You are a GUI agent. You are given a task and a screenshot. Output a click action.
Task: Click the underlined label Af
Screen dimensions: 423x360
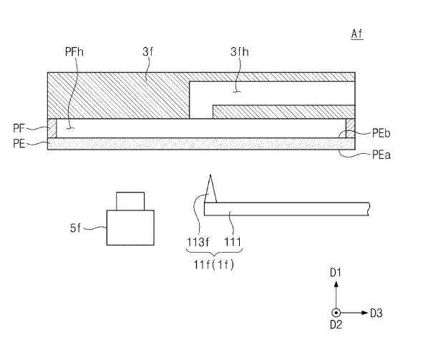[357, 34]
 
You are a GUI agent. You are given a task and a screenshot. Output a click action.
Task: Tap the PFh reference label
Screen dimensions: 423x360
[74, 52]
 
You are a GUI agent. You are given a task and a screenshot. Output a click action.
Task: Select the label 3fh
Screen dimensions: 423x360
[240, 52]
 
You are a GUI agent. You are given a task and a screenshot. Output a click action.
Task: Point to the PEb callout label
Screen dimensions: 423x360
[381, 133]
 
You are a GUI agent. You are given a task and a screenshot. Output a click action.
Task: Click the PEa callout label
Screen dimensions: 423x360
[381, 155]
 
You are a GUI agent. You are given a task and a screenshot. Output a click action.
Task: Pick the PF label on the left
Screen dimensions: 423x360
[19, 128]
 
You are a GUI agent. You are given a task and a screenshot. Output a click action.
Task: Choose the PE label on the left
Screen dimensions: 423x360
[19, 143]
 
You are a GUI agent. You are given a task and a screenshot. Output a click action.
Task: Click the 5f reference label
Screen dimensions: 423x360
[75, 228]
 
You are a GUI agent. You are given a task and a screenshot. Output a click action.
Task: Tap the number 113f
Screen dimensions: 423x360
[198, 242]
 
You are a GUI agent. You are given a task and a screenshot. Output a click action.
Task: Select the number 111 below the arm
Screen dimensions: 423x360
[233, 242]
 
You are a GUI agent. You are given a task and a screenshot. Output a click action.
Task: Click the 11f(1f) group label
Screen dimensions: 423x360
[214, 265]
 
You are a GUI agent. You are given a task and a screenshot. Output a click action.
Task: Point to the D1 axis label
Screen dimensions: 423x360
[336, 273]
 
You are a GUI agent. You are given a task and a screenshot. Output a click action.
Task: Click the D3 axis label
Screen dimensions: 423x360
[376, 313]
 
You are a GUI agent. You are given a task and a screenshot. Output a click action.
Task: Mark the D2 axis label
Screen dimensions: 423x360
[336, 325]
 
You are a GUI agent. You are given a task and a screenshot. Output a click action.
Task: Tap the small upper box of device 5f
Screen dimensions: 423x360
[130, 201]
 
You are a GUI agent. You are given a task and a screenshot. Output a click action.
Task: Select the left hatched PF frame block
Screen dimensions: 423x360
[52, 128]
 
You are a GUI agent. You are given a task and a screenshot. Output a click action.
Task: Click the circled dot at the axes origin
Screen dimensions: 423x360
[336, 313]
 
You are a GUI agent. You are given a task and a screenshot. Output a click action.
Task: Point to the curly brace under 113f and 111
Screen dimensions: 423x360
[214, 252]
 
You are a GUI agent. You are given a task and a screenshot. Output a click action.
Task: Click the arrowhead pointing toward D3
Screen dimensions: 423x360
[365, 313]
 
